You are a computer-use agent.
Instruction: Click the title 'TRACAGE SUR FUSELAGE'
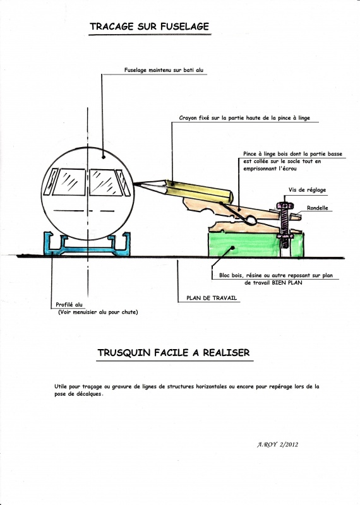(x=149, y=27)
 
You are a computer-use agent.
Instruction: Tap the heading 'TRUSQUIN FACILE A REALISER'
(x=174, y=353)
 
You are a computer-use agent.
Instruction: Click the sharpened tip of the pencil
(x=135, y=184)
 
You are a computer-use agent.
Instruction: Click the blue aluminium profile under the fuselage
(x=87, y=249)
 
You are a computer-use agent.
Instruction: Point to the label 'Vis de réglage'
(x=307, y=190)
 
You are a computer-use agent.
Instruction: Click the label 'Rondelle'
(x=318, y=208)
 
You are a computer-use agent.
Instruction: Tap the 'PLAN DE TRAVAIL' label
(x=212, y=298)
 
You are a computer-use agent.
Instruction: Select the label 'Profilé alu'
(x=69, y=305)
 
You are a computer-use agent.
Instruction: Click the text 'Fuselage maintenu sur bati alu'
(x=164, y=70)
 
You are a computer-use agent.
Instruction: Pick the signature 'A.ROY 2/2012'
(x=277, y=445)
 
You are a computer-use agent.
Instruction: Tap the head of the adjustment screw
(x=284, y=205)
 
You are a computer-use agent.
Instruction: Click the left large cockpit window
(x=69, y=182)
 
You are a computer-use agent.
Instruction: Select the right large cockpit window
(x=105, y=182)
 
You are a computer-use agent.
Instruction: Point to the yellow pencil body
(x=199, y=192)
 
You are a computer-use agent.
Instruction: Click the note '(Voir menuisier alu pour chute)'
(x=98, y=312)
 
